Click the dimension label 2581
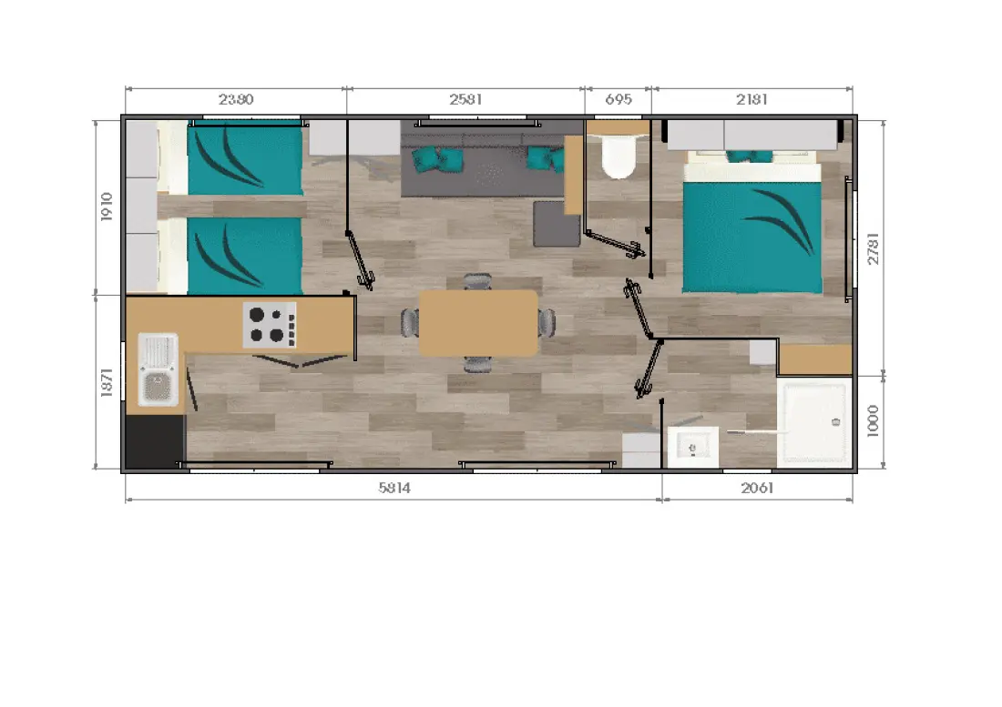tap(465, 99)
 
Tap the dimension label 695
tap(618, 99)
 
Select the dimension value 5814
tap(394, 488)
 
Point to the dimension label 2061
tap(757, 488)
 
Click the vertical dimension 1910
tap(107, 207)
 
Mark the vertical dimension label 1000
tap(873, 421)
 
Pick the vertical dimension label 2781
tap(873, 248)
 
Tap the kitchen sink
tap(158, 369)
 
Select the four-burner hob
tap(269, 325)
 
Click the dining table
tap(478, 323)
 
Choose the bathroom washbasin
tap(692, 448)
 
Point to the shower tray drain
tap(835, 422)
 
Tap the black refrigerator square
tap(154, 441)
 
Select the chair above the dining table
tap(478, 282)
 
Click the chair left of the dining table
tap(410, 322)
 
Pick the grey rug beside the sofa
tap(557, 223)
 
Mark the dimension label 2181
tap(751, 99)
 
